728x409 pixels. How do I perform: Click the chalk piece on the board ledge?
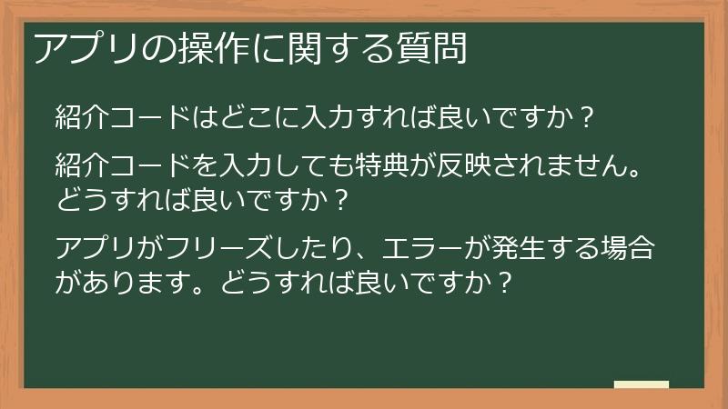pos(642,384)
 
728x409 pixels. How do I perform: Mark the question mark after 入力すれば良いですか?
pos(587,118)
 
